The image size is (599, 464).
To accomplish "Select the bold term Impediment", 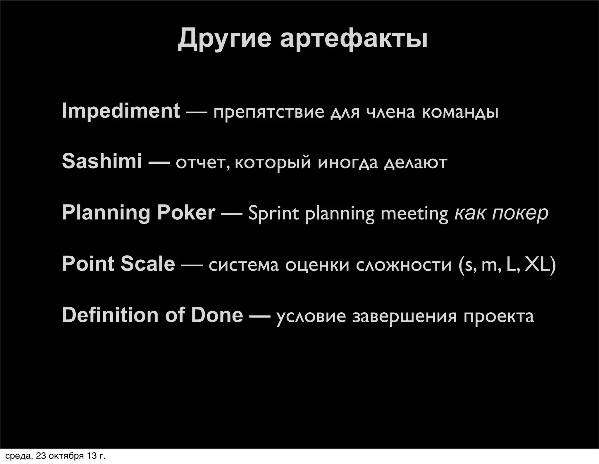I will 121,111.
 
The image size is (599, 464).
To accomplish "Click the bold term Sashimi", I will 102,161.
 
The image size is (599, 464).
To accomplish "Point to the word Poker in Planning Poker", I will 186,212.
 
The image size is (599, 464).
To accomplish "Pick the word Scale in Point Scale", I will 148,264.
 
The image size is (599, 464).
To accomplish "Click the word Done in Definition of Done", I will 217,315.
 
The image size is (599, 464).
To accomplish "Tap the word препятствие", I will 269,112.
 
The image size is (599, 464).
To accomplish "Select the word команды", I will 460,112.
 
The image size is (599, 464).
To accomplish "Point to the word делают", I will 416,162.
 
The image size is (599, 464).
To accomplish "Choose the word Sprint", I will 273,213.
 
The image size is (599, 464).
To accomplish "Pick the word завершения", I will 404,316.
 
